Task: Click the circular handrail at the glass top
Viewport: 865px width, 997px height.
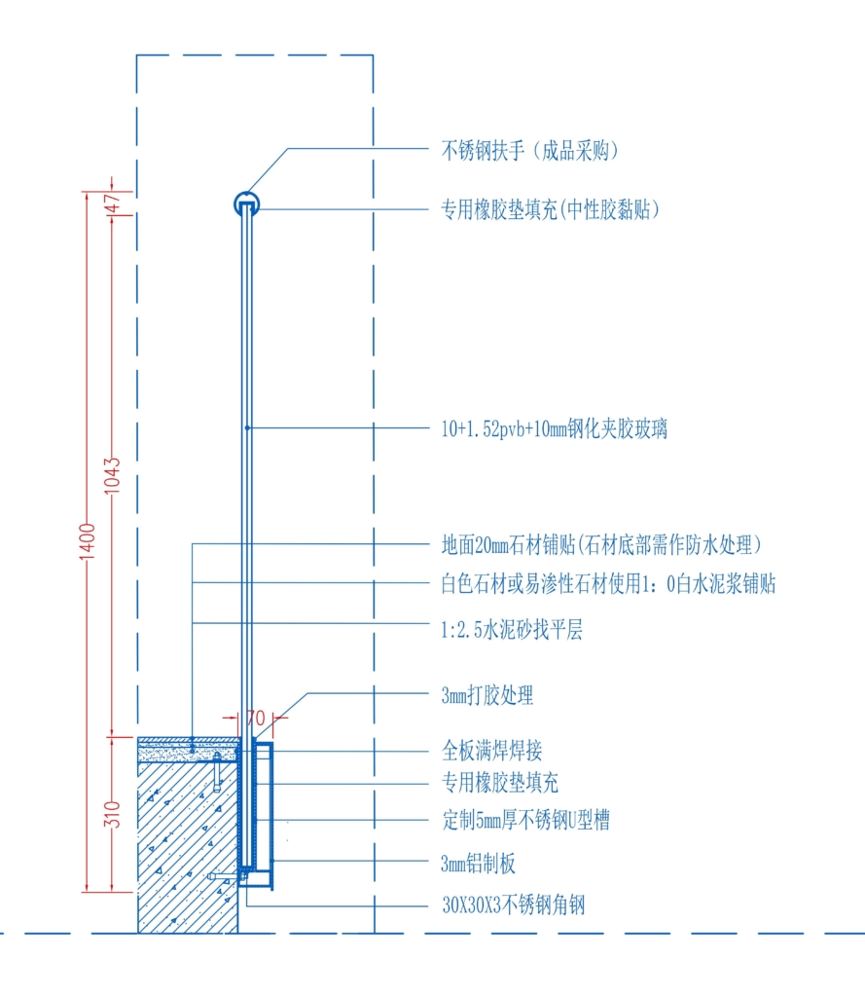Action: [x=246, y=194]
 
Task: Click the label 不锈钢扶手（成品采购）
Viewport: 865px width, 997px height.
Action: [x=529, y=151]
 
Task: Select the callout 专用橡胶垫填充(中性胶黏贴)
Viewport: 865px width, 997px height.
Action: [x=551, y=209]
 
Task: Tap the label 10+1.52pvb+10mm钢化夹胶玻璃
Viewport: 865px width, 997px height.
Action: [x=555, y=429]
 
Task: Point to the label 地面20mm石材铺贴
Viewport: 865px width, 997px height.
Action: [x=509, y=545]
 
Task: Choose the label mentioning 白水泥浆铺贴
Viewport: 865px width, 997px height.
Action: [x=608, y=584]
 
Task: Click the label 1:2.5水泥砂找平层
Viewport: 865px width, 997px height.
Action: [x=512, y=630]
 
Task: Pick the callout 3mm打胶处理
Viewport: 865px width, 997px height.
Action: [x=487, y=695]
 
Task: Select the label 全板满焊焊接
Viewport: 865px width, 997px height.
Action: [x=492, y=751]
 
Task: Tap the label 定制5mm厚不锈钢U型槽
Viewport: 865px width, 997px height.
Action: [x=526, y=820]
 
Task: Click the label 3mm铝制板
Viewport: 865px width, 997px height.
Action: [x=478, y=864]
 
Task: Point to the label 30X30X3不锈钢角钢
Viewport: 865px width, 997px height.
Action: [x=514, y=905]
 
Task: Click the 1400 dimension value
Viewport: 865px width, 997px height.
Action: [x=87, y=541]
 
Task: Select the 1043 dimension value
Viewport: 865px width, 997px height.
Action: [x=112, y=475]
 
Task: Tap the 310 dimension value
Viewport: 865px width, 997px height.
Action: [x=112, y=815]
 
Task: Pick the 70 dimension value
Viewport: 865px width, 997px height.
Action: [x=256, y=718]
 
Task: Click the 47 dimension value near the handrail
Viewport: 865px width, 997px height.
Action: [x=112, y=203]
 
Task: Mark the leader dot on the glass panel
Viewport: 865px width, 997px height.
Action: [x=247, y=428]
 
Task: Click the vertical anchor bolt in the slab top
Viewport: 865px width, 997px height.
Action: [x=217, y=772]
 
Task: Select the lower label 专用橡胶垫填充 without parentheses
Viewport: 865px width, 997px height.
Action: [x=500, y=783]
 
